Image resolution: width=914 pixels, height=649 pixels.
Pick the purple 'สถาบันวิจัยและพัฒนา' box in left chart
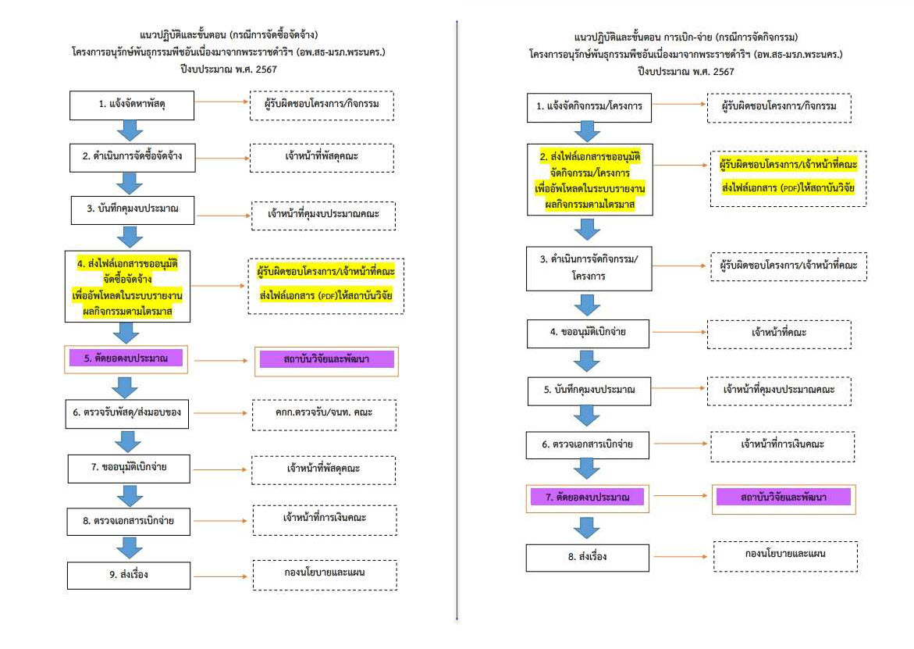pyautogui.click(x=327, y=361)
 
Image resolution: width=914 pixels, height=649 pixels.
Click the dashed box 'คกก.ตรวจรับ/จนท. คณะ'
pyautogui.click(x=324, y=414)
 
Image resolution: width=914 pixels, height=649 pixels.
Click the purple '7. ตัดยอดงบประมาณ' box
pyautogui.click(x=588, y=496)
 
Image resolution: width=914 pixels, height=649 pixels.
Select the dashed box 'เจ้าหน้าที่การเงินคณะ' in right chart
pyautogui.click(x=783, y=444)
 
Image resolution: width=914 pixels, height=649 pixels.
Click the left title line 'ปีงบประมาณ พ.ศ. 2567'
pyautogui.click(x=228, y=69)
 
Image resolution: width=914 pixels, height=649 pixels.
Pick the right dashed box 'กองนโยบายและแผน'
pyautogui.click(x=785, y=555)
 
